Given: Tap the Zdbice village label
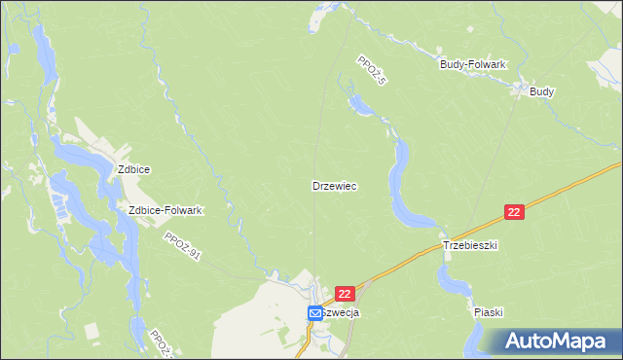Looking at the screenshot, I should [x=133, y=168].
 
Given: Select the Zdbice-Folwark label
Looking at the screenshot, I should [x=165, y=210].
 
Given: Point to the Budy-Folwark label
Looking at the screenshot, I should [x=473, y=64].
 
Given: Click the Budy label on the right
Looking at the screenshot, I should [x=542, y=91].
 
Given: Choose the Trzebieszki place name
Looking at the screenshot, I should [x=470, y=246].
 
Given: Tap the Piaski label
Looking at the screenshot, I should [x=488, y=313].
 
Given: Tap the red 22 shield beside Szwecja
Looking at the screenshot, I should [x=345, y=293].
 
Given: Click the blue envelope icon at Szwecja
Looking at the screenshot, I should [x=315, y=313].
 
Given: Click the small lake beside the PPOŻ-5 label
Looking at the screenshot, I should [x=358, y=102].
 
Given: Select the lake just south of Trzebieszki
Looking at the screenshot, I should [x=452, y=279].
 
